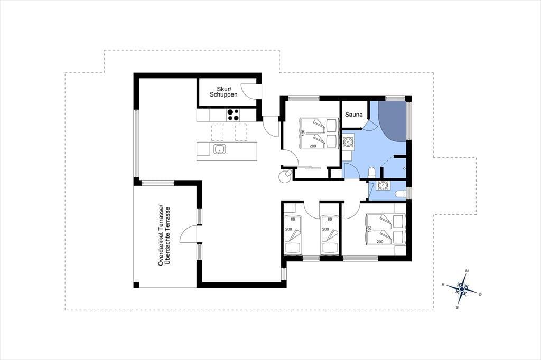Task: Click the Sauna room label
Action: (353, 114)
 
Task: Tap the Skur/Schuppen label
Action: (223, 91)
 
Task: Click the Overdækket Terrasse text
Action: (161, 235)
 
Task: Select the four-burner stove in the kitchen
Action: (233, 115)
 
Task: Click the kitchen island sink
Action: (219, 149)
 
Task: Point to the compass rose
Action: (461, 288)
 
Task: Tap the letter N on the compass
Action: (467, 271)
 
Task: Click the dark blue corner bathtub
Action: (393, 121)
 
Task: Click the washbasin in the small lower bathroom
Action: (383, 185)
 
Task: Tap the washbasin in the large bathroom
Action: (348, 141)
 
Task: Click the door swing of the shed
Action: (249, 91)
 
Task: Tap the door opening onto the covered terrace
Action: (189, 234)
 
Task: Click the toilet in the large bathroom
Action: (372, 172)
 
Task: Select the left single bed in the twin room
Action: (293, 235)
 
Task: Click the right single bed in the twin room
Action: (329, 235)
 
